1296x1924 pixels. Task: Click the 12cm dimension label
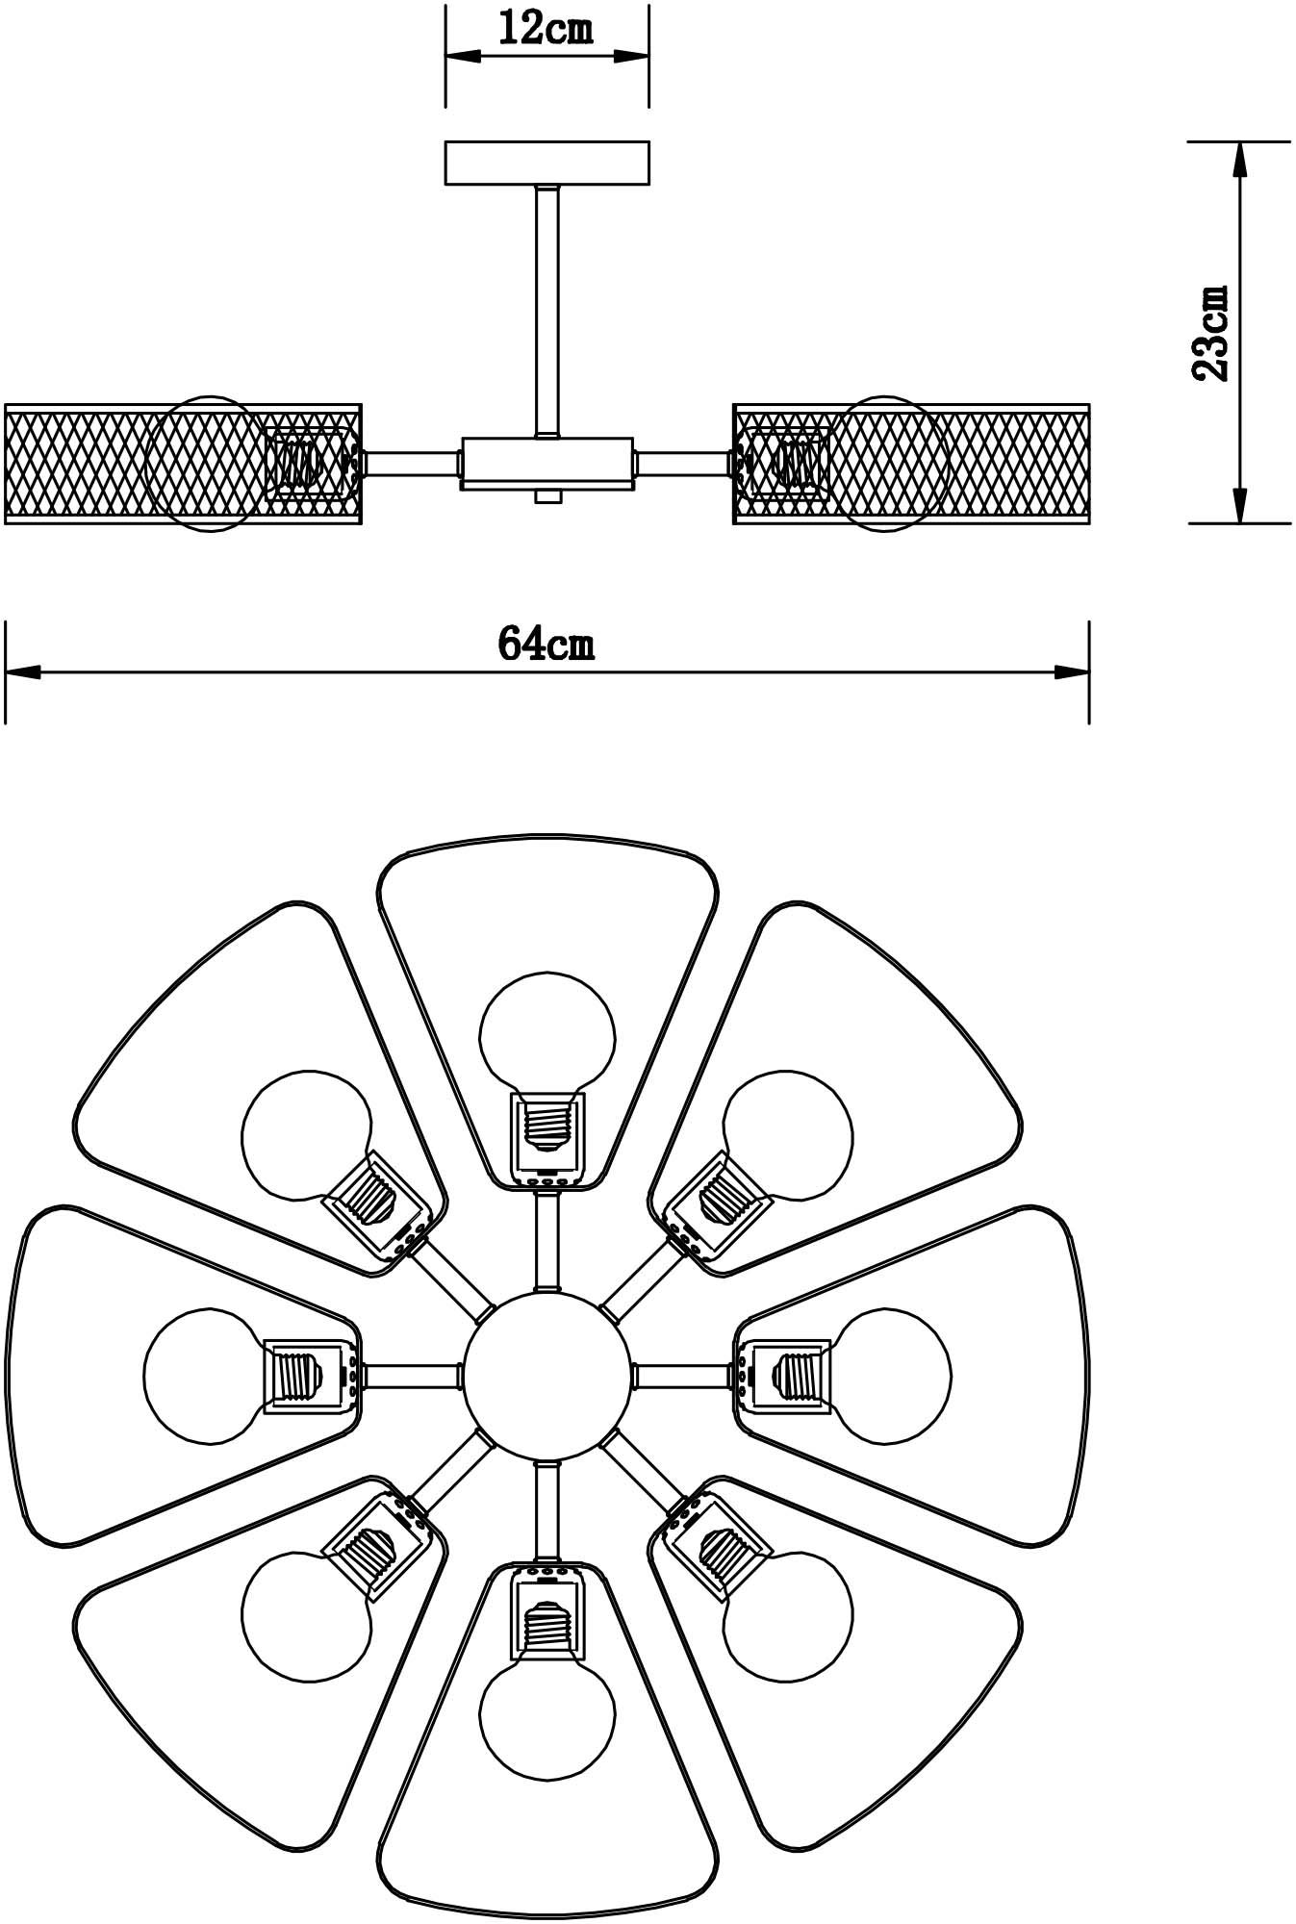tap(546, 29)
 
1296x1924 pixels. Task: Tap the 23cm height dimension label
tap(1209, 333)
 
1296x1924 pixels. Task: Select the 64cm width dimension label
tap(546, 643)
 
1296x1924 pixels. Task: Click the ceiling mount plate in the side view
tap(546, 163)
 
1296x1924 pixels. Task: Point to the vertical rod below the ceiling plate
tap(547, 311)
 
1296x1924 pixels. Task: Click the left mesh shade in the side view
tap(183, 464)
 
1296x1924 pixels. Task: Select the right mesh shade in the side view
tap(911, 464)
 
